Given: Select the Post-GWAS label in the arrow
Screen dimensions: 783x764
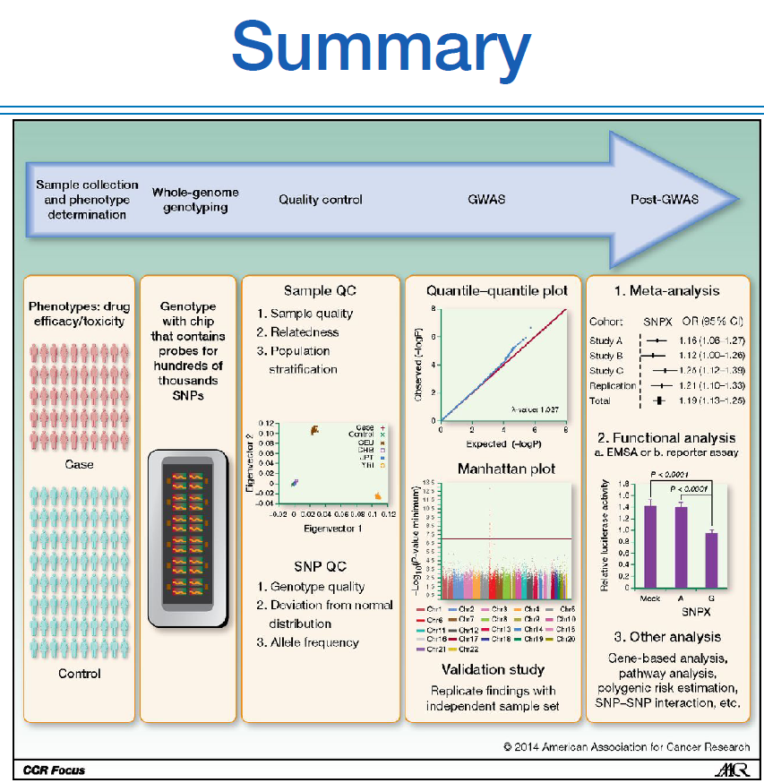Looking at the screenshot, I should (x=664, y=199).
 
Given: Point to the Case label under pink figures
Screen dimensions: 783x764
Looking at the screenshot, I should (x=79, y=465).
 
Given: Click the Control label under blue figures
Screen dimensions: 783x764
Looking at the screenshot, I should (x=79, y=673).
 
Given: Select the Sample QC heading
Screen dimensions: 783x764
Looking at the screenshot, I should (x=320, y=290).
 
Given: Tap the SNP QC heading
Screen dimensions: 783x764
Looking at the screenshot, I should (x=320, y=566).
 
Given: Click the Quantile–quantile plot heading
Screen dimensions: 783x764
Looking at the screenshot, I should (x=491, y=290).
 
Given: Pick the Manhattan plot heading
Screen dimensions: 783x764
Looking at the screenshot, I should (x=494, y=469).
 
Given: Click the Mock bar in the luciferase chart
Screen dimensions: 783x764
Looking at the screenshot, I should (x=650, y=546).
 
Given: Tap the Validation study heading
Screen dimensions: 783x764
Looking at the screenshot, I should (x=493, y=669).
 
